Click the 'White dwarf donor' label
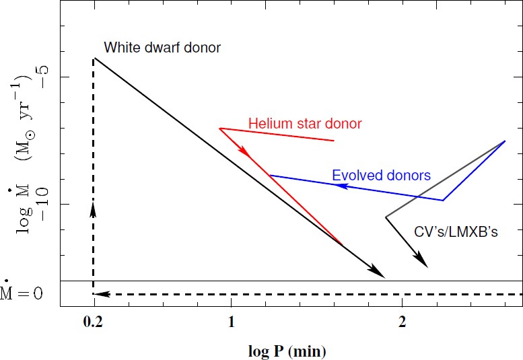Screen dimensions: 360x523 (162, 48)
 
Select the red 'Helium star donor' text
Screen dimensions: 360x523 (305, 124)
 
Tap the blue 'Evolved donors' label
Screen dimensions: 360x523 (381, 176)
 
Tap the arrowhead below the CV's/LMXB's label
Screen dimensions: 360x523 (421, 260)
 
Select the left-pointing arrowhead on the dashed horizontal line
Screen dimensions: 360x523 (99, 294)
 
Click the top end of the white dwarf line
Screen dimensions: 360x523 (94, 58)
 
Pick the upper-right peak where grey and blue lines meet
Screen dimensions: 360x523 (505, 141)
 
